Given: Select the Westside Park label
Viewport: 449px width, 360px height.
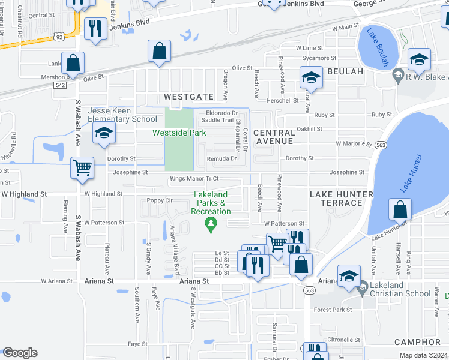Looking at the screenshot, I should point(179,133).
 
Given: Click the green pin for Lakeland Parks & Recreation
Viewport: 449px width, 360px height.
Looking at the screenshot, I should point(210,226).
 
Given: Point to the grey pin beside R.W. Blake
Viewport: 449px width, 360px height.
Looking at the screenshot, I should point(397,75).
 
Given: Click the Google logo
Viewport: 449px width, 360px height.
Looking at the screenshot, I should point(19,352).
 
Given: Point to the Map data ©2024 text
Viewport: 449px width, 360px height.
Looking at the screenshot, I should point(423,355).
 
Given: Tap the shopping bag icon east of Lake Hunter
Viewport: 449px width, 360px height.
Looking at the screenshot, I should point(400,209).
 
